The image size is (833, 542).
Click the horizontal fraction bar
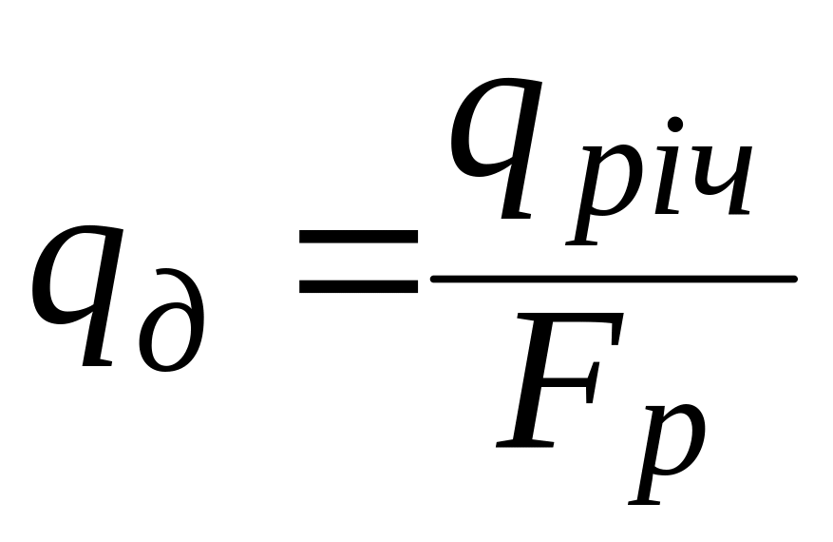pos(613,279)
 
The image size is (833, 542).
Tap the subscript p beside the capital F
pos(671,447)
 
